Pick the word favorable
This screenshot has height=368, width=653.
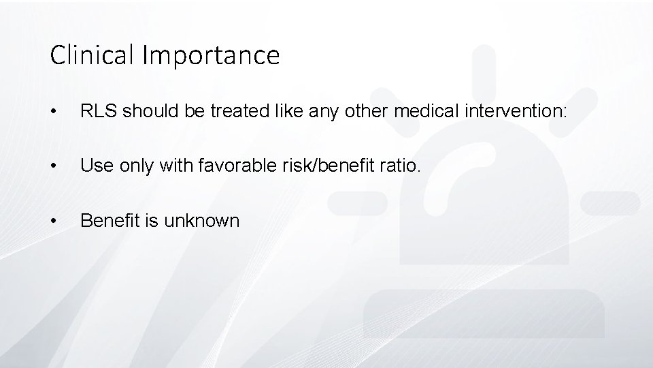point(237,165)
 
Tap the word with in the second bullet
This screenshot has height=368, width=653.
point(175,165)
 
